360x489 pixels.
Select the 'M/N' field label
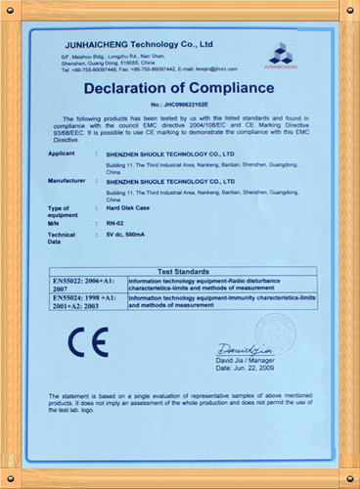tap(55, 223)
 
